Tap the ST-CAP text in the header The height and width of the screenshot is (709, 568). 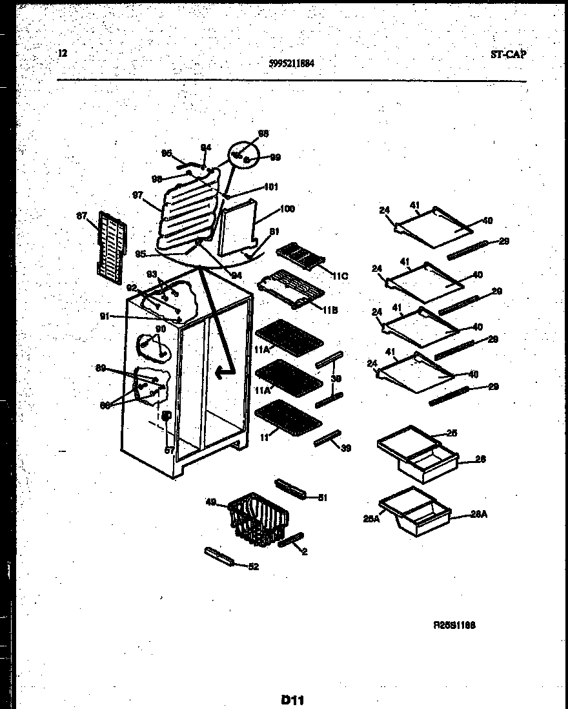click(x=508, y=55)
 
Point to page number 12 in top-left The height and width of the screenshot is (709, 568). click(x=63, y=54)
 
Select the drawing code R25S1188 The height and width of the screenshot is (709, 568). click(x=454, y=625)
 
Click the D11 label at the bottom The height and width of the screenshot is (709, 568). click(x=292, y=699)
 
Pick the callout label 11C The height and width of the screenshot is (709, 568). click(x=340, y=276)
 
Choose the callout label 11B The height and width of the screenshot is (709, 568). click(x=330, y=309)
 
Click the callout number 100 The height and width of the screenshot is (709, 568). click(x=287, y=209)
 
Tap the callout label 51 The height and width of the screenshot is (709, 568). click(x=323, y=497)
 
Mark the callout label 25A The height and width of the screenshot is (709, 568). click(x=372, y=517)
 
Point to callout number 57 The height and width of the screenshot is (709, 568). click(x=169, y=450)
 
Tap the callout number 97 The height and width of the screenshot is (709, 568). click(x=136, y=194)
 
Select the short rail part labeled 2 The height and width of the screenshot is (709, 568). click(x=290, y=540)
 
